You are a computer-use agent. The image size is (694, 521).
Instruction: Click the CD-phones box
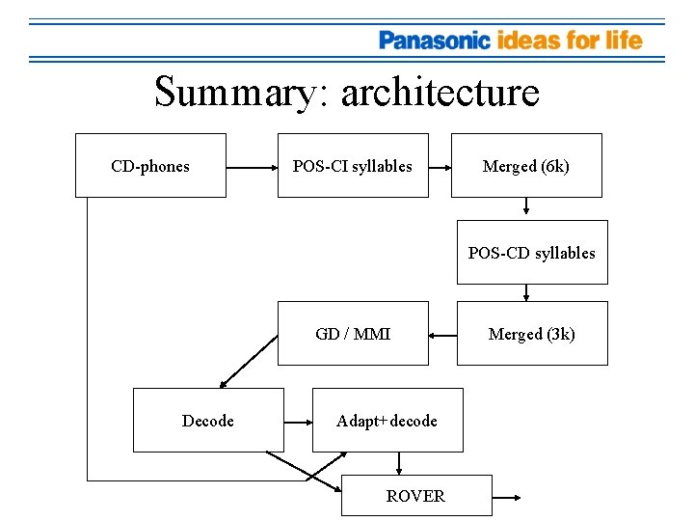click(150, 166)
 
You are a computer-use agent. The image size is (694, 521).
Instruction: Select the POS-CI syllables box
click(353, 166)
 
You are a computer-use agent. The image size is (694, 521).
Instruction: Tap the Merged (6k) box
click(526, 166)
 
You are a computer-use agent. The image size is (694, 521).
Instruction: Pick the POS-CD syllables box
click(532, 253)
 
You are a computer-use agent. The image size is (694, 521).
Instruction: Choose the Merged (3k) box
click(532, 334)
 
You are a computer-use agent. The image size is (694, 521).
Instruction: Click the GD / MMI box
click(353, 334)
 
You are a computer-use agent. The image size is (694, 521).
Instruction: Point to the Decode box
click(208, 421)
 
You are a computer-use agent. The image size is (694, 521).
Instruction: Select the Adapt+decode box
click(387, 421)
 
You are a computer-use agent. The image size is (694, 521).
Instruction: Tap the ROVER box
click(416, 496)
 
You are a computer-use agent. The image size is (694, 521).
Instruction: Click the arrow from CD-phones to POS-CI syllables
click(252, 166)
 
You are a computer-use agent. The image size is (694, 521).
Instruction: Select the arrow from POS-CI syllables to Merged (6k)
click(440, 166)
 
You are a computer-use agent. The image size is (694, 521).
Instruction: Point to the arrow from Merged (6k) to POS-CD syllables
click(526, 206)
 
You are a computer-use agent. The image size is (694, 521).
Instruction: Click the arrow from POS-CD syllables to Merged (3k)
click(526, 292)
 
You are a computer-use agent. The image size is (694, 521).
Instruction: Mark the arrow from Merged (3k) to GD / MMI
click(442, 335)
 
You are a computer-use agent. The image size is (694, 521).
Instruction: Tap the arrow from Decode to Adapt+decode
click(298, 421)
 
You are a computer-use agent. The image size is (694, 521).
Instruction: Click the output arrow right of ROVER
click(507, 497)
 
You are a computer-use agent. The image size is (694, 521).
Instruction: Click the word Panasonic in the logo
click(435, 41)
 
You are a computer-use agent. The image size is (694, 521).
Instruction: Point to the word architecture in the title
click(440, 93)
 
